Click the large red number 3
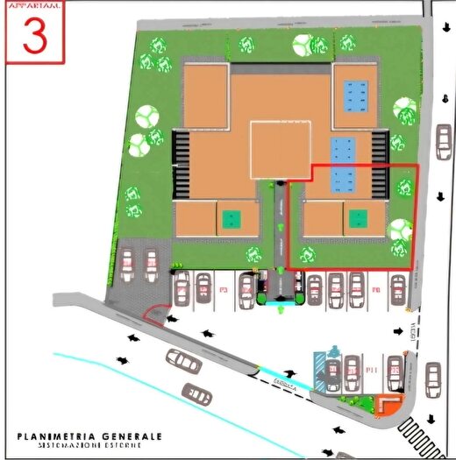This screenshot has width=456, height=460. coord(35,35)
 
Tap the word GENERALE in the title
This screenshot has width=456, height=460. coord(131,435)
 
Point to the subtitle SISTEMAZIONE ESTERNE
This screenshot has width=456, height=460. coord(90,446)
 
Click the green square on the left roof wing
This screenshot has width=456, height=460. coord(230,218)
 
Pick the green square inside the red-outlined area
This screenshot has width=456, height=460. coord(357,218)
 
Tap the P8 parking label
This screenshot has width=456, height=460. coord(374,287)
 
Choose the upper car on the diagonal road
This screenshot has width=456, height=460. coord(181,359)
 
